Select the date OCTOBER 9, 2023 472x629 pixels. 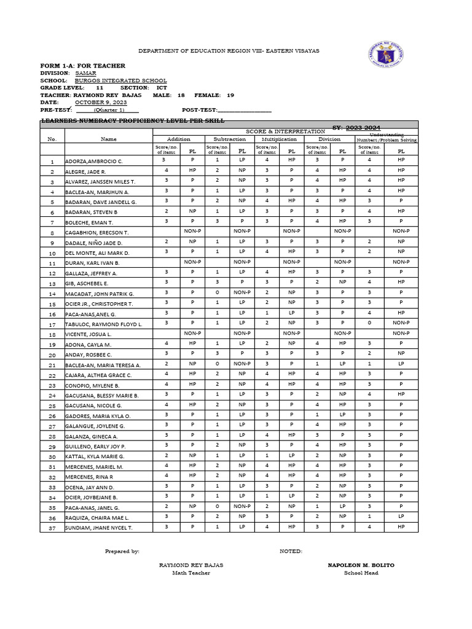pos(101,103)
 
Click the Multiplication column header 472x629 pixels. pos(279,139)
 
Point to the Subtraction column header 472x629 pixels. pos(229,139)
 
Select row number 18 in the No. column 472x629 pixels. pos(52,334)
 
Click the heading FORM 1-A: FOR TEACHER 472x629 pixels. pos(82,66)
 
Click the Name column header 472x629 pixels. pos(108,139)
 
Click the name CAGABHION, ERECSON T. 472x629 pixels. pos(96,233)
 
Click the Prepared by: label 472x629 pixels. pos(122,551)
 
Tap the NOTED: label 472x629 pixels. pos(291,551)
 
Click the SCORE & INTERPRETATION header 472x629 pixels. pos(285,131)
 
